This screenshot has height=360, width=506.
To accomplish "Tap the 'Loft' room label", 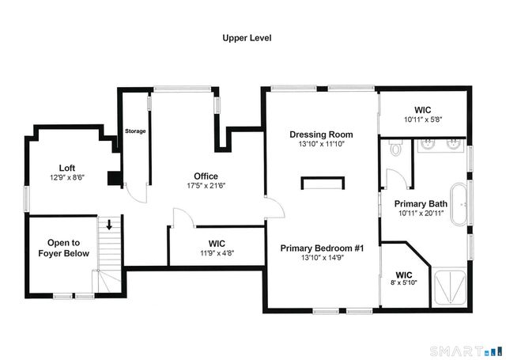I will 67,168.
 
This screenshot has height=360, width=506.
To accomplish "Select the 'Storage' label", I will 135,131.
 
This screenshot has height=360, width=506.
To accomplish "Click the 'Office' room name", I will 206,176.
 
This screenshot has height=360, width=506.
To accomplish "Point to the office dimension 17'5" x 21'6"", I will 206,186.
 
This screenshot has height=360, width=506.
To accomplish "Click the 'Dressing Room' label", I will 321,135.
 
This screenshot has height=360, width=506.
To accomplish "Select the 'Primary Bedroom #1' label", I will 322,248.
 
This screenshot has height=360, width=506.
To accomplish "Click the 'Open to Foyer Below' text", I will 63,248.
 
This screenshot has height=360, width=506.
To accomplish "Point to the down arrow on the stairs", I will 109,225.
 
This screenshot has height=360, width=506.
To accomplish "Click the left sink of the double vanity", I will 427,145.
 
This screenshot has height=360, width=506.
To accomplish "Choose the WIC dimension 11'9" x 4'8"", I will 216,253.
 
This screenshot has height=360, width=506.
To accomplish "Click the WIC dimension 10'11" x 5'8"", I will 422,119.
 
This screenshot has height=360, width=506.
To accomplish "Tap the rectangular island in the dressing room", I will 323,184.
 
